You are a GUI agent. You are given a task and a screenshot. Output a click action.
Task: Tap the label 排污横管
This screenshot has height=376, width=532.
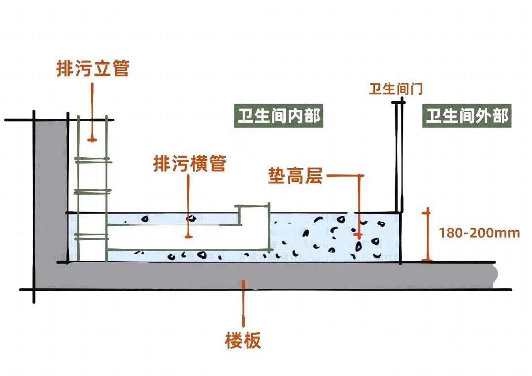(x=190, y=163)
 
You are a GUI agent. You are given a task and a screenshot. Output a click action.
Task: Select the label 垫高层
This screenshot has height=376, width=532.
(x=295, y=175)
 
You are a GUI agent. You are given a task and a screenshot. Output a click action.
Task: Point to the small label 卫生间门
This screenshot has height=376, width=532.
(x=396, y=89)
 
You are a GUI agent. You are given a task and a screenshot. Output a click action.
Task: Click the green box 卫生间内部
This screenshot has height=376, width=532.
(x=279, y=116)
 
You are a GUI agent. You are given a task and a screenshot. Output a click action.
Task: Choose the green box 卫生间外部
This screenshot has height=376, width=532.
(x=466, y=116)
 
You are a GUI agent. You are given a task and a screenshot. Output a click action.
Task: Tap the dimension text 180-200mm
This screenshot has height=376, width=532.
(x=479, y=233)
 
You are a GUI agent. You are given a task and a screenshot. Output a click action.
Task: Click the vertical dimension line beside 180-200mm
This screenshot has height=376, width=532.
(x=427, y=234)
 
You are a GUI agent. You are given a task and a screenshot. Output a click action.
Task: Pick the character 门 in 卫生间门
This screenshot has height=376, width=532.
(x=417, y=89)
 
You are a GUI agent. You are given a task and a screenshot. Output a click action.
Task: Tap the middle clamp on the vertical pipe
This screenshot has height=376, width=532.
(x=92, y=192)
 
